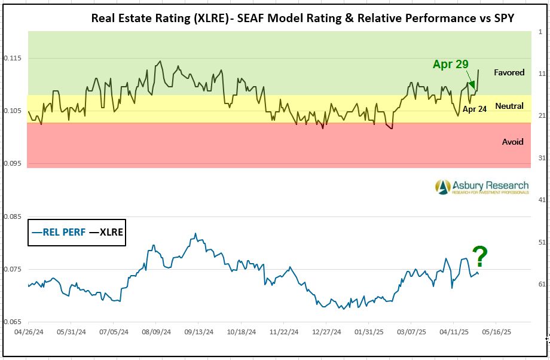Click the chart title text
302,17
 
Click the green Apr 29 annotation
450,65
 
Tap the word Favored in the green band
509,72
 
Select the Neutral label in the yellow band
509,106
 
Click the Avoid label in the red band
512,142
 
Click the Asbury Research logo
482,187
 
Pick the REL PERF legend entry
59,232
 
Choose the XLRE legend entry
106,232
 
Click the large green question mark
480,257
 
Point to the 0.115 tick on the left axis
13,58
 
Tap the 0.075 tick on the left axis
13,270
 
